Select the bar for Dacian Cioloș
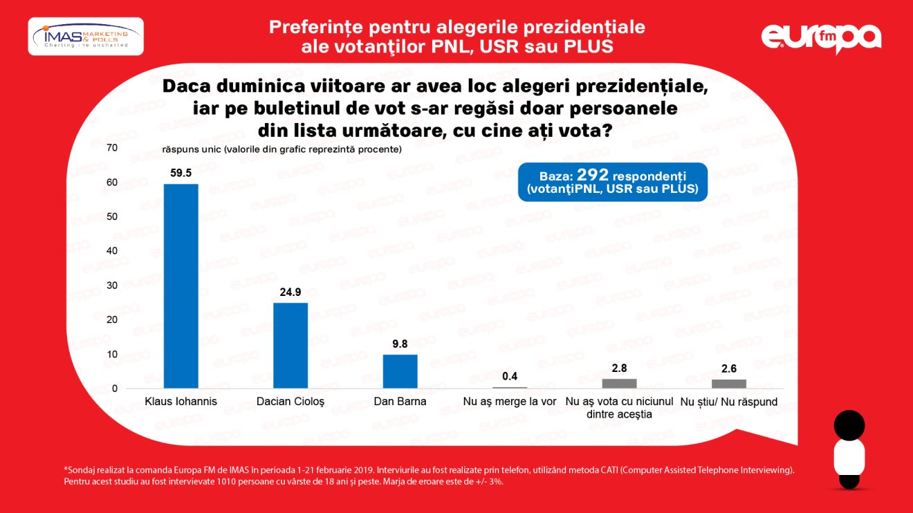point(290,345)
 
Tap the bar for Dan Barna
point(400,371)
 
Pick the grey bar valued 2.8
point(619,384)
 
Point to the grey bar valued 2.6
point(729,384)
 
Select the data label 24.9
point(290,292)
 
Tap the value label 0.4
point(510,377)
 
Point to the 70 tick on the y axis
point(111,148)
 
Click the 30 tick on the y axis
point(111,286)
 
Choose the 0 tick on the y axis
point(114,389)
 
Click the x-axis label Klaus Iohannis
point(181,402)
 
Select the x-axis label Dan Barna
point(400,402)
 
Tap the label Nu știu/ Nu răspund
point(729,402)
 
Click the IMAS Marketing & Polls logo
point(85,36)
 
